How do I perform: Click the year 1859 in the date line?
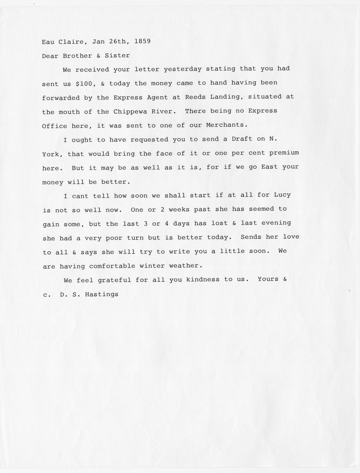142,41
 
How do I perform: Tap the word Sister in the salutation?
117,55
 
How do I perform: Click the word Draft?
242,139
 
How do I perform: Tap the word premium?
284,153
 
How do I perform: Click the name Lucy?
282,195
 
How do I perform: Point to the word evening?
276,223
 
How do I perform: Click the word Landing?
226,97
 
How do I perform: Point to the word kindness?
203,279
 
